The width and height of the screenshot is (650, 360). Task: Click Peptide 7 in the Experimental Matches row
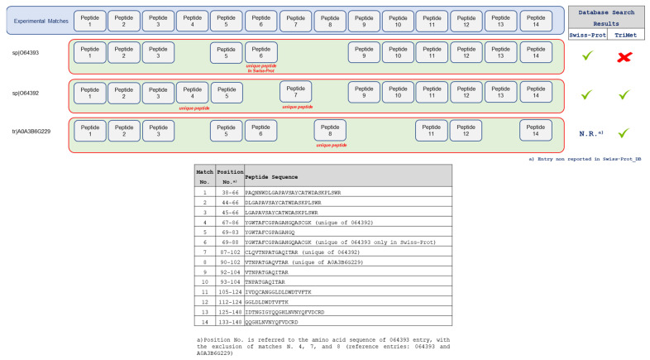click(295, 21)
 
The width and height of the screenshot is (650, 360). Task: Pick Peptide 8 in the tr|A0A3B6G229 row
click(329, 131)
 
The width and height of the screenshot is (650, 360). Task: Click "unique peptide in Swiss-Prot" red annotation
click(261, 70)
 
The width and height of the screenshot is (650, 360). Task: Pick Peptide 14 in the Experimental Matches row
click(535, 21)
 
